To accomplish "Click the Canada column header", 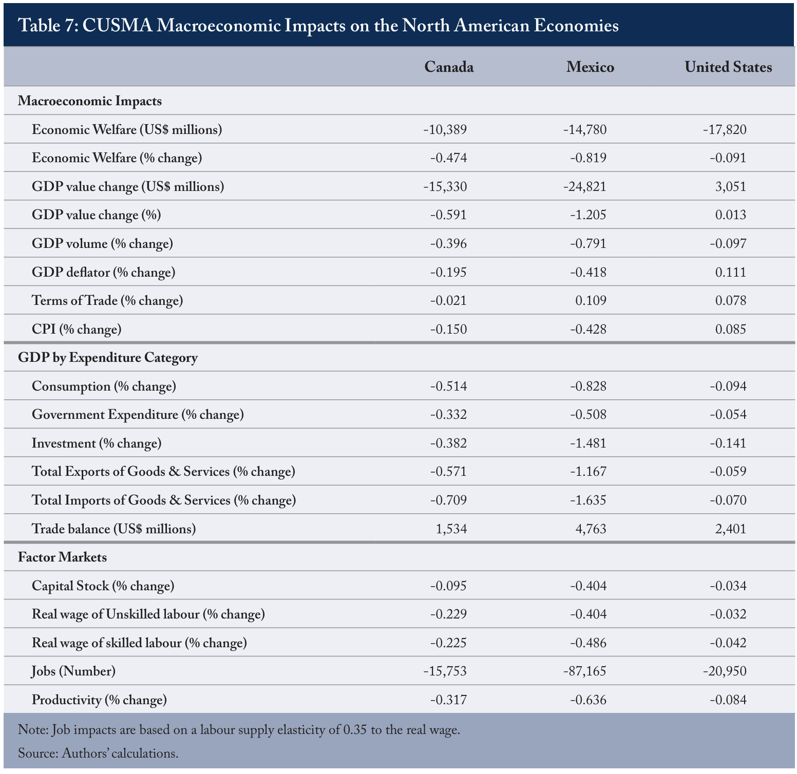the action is [449, 67].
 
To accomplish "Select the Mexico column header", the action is [590, 67].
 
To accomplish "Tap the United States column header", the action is [728, 67].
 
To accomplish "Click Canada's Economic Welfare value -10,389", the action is [445, 129].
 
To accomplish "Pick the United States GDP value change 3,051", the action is [731, 186].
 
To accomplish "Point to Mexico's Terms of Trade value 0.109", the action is [591, 300].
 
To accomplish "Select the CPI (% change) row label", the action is [77, 329].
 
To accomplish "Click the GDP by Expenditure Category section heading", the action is [108, 358].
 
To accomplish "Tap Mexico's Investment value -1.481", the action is [588, 443].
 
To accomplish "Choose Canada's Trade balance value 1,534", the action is [451, 529].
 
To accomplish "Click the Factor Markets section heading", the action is [63, 557].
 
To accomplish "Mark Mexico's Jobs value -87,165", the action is [585, 671].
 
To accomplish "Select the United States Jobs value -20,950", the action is [725, 671].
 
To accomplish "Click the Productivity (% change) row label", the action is [99, 700].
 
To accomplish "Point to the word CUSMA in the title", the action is [117, 25].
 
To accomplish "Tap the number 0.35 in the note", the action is [355, 730].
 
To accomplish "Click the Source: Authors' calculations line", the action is [98, 753].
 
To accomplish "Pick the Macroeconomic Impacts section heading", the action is [90, 101].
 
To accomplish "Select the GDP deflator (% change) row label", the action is [103, 272].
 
